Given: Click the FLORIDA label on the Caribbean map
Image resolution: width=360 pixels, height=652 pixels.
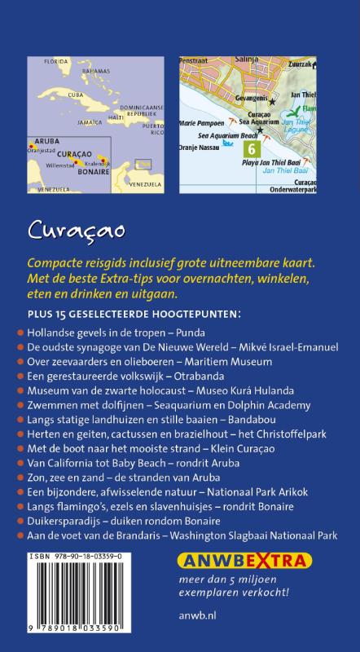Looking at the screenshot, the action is (x=56, y=61).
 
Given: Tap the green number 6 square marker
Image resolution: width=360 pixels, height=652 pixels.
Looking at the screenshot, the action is (x=251, y=149).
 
